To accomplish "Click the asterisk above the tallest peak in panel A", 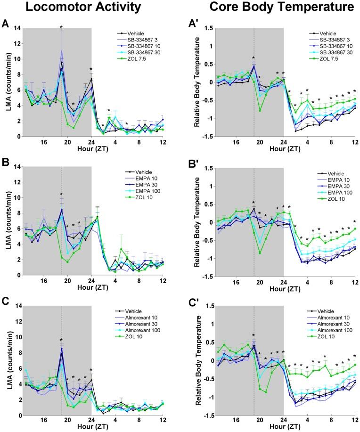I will tap(61, 27).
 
